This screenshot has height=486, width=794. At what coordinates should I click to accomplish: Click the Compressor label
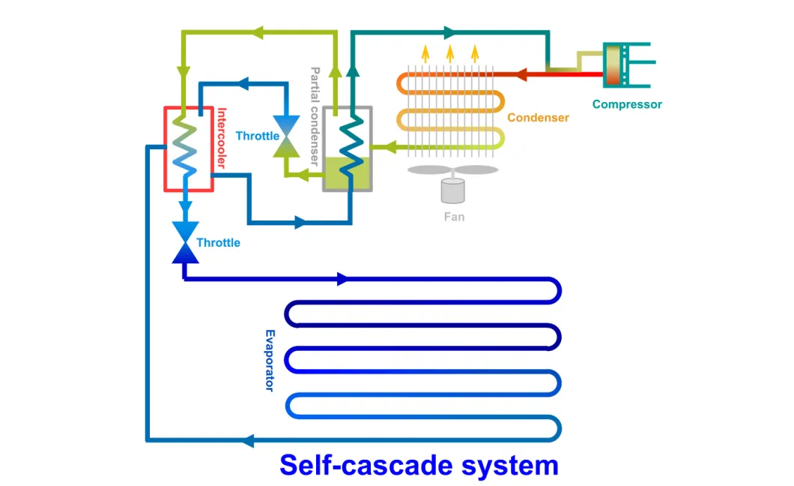tap(627, 104)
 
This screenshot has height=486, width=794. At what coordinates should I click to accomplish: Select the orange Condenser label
tap(538, 118)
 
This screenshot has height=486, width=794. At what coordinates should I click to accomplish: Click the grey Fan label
tap(454, 217)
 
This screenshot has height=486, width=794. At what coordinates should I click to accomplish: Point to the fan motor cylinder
tap(452, 190)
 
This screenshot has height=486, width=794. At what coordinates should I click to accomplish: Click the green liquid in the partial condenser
tap(347, 174)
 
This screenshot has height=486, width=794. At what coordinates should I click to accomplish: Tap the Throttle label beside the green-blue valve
tap(257, 136)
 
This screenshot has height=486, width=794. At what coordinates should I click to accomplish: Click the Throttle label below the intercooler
tap(218, 243)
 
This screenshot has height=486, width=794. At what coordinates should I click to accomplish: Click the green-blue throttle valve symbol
tap(285, 136)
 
